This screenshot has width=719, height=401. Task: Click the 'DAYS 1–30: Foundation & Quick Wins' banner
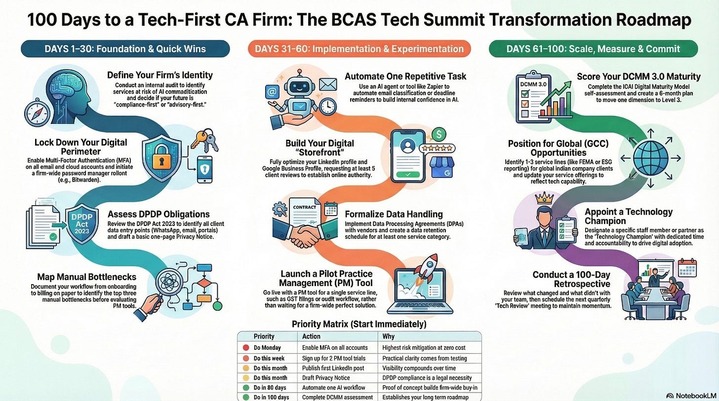125,49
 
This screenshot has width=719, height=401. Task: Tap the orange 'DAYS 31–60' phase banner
359,49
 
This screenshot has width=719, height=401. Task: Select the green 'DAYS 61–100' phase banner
593,49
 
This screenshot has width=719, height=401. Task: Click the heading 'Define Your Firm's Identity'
160,75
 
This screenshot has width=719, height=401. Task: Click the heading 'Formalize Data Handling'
394,215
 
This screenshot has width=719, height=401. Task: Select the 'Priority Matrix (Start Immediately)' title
359,325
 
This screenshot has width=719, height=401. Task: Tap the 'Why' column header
388,336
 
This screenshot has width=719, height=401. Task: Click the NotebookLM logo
690,396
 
